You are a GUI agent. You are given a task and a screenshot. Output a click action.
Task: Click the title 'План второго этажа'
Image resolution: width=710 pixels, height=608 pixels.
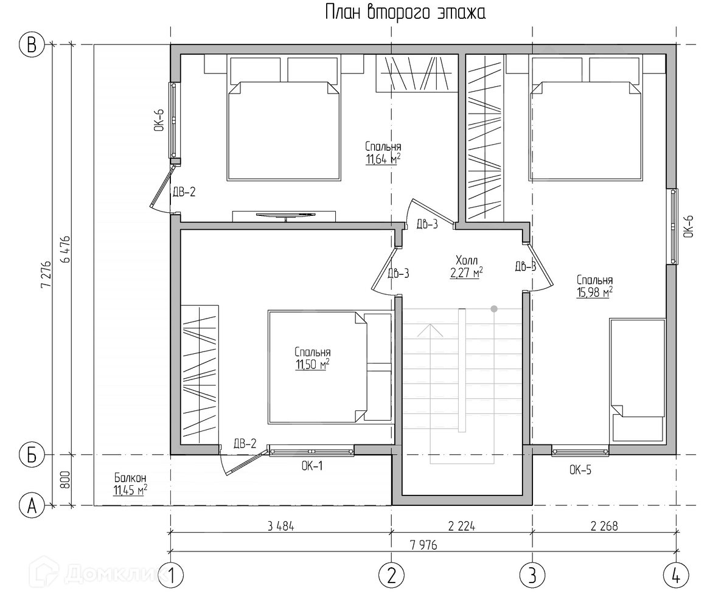[406, 13]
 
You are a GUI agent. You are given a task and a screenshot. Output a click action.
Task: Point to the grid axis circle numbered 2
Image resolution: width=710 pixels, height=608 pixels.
[391, 574]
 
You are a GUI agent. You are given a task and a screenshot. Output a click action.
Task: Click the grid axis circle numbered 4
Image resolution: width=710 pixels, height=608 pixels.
[676, 574]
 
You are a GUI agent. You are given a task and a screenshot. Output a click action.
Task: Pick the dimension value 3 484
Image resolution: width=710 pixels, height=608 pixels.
[280, 526]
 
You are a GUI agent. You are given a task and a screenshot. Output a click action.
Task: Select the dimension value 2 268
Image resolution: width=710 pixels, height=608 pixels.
[604, 526]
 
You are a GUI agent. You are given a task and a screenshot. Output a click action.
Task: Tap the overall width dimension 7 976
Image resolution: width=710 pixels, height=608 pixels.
[423, 545]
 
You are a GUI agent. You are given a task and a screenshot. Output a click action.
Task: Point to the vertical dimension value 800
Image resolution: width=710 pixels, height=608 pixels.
[65, 480]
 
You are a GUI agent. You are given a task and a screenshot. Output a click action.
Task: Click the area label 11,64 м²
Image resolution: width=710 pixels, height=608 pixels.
[383, 160]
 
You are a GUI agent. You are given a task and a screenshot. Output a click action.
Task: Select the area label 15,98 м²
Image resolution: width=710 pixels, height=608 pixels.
[594, 292]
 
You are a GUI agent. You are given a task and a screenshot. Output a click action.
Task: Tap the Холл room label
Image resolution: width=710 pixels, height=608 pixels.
[467, 260]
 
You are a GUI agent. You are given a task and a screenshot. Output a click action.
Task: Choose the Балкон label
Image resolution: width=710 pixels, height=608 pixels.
[130, 478]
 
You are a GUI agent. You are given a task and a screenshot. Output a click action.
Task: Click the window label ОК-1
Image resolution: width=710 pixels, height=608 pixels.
[311, 466]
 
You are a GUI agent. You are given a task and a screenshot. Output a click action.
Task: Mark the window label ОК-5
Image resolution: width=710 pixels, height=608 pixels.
[580, 469]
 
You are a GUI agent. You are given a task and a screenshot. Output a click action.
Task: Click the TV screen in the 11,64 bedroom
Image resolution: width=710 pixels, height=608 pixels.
[284, 214]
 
